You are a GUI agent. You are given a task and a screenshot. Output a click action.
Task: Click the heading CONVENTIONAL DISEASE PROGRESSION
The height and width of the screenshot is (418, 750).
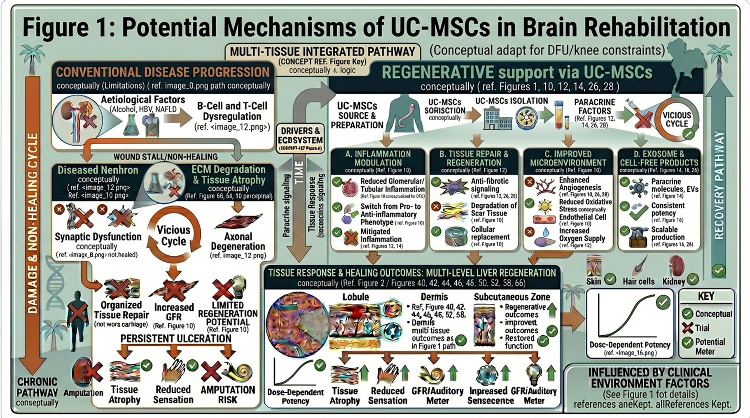(163, 72)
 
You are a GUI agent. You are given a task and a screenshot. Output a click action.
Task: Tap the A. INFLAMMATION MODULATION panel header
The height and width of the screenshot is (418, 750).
(378, 159)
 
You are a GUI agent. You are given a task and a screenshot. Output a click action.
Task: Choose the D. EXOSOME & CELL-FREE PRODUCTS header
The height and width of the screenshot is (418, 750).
(659, 159)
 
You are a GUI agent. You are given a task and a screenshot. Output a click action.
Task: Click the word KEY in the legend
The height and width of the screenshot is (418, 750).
(706, 297)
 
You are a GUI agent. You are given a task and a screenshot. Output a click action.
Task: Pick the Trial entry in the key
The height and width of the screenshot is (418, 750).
(702, 328)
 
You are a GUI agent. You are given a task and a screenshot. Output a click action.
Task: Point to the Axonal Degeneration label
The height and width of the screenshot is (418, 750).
(238, 242)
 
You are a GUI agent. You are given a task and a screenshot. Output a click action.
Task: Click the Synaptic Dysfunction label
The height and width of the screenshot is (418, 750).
(98, 237)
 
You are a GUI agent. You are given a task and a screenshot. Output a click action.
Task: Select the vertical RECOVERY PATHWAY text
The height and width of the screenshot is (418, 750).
(719, 185)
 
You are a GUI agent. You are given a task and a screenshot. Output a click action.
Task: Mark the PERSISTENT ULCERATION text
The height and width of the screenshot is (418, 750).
(176, 339)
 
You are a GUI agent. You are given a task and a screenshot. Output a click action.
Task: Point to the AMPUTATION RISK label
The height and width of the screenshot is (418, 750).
(228, 395)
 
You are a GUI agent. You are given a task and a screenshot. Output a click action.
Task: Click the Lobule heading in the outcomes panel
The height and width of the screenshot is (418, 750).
(355, 297)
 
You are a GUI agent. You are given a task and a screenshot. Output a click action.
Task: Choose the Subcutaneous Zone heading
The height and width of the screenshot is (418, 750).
(512, 297)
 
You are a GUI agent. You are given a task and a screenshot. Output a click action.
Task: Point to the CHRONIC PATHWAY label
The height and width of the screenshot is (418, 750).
(37, 387)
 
